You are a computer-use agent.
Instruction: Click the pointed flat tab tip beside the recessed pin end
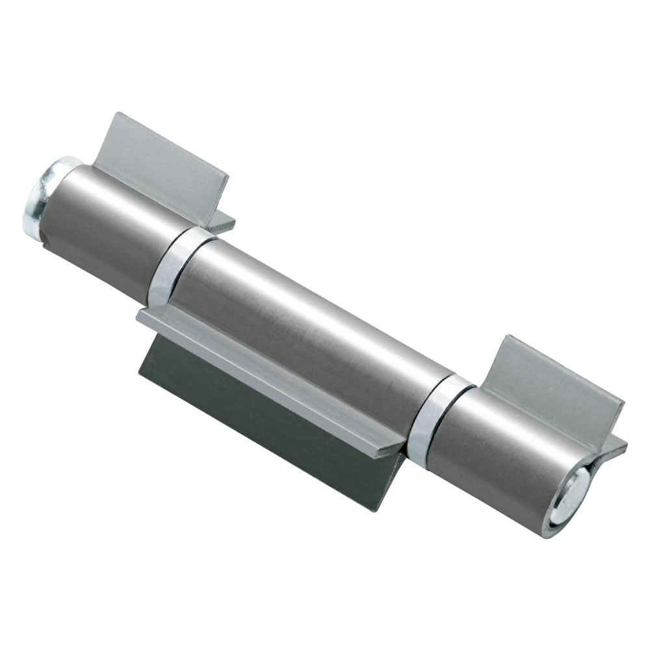[x=625, y=445]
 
